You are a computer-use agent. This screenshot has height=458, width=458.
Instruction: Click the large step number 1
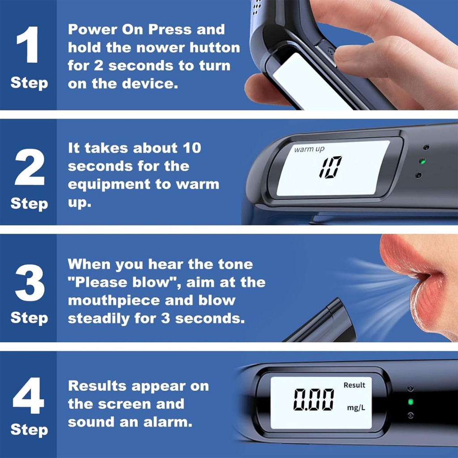coord(28,44)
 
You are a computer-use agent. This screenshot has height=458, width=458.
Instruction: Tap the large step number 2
coord(30,167)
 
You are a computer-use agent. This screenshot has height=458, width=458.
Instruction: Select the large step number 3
coord(30,283)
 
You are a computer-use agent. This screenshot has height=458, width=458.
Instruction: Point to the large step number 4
coord(29,395)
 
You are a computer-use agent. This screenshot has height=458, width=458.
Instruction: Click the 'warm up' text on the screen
coord(309,149)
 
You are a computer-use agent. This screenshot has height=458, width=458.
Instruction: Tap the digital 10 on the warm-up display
coord(331,167)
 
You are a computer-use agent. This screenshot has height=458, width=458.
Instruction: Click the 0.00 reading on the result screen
coord(314,399)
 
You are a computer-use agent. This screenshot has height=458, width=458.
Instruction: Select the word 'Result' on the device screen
coord(354,385)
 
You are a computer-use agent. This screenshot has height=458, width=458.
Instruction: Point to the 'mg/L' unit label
coord(356,408)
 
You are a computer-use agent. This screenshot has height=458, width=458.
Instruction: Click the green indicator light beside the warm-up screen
coord(422,161)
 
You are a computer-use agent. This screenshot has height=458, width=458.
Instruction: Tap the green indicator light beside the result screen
coord(411,402)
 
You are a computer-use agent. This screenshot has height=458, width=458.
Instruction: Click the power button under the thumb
coord(327,53)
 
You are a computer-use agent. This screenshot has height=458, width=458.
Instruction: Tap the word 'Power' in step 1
coord(93,30)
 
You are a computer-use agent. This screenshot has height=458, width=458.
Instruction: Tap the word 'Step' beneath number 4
coord(29,430)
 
